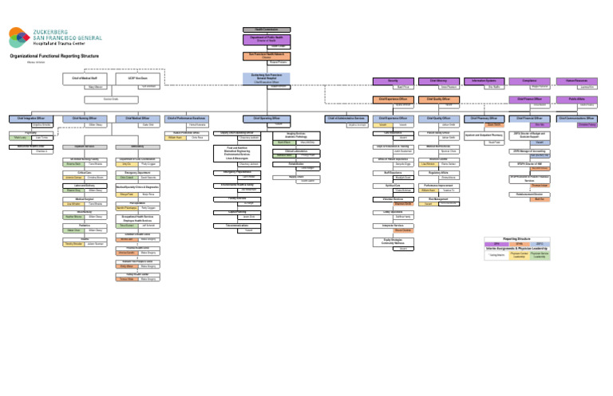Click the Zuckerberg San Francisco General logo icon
tap(18, 37)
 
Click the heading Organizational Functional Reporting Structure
tap(54, 57)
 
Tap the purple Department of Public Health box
tap(267, 39)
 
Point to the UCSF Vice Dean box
tap(130, 79)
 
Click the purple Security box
tap(393, 80)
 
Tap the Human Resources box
tap(577, 80)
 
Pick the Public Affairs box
tap(577, 99)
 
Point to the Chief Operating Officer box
tap(267, 118)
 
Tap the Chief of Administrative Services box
tap(346, 118)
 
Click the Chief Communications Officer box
tap(577, 118)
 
